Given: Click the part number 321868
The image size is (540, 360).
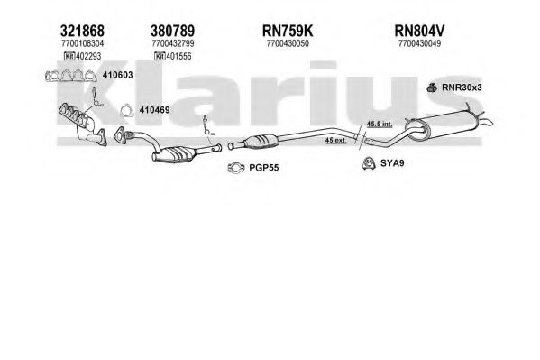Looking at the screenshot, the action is tap(82, 31).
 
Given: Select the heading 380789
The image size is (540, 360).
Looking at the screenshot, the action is tap(172, 31).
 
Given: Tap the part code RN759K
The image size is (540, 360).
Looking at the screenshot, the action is tap(288, 31).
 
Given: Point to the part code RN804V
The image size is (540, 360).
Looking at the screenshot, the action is tap(419, 31).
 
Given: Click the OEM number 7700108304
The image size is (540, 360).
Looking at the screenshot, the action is tap(82, 43).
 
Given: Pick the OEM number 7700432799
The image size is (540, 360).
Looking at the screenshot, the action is tap(173, 43).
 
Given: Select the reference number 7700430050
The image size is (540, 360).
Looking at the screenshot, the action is tap(288, 43).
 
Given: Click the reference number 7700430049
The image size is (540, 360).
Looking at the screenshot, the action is tap(420, 43).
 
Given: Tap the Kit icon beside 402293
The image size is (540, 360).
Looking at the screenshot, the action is tap(69, 56).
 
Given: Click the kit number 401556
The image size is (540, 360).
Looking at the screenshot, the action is tap(178, 56).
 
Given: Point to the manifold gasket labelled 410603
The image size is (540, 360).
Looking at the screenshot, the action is tap(71, 76).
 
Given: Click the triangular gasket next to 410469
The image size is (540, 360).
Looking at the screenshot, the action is tap(127, 110).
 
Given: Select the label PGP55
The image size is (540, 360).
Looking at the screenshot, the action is tap(264, 168).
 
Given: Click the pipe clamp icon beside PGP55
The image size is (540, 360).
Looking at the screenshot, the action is tap(236, 168).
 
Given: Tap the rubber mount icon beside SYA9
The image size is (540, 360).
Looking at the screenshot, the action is tap(369, 163).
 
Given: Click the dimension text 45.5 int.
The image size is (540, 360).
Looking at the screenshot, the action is tap(380, 124).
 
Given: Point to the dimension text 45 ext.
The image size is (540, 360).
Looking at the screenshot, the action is tap(335, 140).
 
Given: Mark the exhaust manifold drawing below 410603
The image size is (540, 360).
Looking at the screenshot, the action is tap(82, 125).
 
